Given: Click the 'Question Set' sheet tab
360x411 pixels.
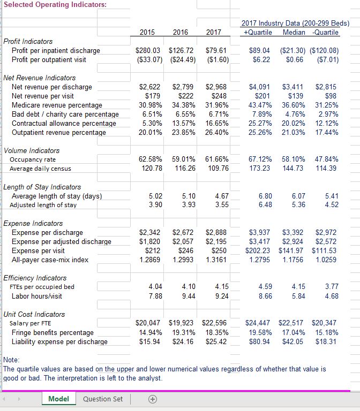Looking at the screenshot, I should [103, 399].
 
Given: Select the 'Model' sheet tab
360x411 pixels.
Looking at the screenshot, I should [58, 399].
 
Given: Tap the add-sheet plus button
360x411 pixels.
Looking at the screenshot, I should [152, 399].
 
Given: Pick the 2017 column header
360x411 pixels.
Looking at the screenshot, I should [214, 32].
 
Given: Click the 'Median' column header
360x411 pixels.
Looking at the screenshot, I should [294, 32].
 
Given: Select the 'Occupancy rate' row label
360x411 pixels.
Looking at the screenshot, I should [34, 159].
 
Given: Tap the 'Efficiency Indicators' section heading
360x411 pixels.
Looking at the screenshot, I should [35, 278].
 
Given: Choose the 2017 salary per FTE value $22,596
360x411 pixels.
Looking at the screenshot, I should [214, 323].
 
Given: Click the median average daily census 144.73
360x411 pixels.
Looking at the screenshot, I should [292, 169].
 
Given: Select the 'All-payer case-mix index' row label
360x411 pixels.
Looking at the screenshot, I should [50, 260].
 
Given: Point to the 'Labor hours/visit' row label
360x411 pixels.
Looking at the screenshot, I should [36, 296].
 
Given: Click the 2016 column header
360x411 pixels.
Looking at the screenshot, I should [181, 32].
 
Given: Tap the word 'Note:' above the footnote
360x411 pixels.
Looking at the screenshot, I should [12, 360].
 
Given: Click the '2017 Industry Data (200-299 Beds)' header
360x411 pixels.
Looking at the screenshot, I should [295, 24].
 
